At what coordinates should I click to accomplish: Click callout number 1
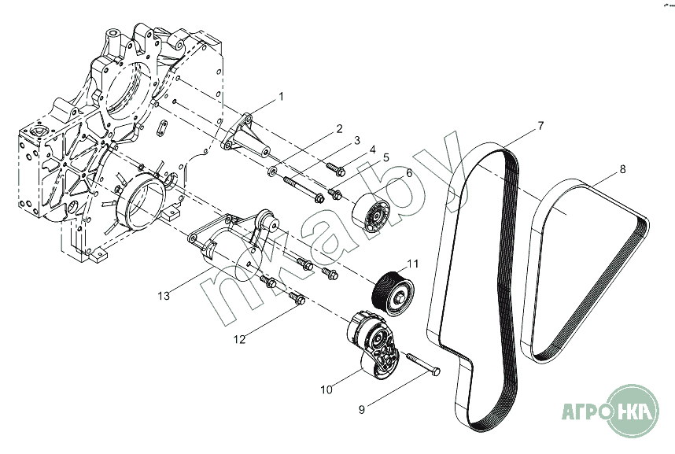pos(281,97)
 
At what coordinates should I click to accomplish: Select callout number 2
pos(339,128)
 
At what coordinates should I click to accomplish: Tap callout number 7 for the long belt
pos(540,126)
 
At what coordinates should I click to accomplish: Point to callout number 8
pos(622,169)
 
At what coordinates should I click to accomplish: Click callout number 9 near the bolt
pos(362,410)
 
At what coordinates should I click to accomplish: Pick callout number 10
pos(326,389)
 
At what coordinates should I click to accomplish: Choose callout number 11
pos(412,264)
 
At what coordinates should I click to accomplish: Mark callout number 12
pos(239,339)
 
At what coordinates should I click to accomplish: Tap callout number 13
pos(164,296)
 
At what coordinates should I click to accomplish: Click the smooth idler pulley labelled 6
pos(371,213)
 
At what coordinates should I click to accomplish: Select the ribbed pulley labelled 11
pos(392,293)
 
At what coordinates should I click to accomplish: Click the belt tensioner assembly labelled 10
pos(374,345)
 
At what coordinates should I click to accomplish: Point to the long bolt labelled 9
pos(422,364)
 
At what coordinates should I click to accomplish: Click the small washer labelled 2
pos(272,172)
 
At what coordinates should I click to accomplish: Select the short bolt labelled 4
pos(336,169)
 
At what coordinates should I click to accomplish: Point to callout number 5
pos(385,157)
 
